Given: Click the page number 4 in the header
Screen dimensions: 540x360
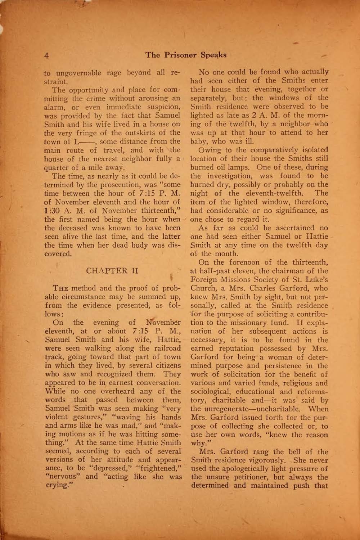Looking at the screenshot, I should point(47,56).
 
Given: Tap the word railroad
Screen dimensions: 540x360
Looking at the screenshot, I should point(164,348).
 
